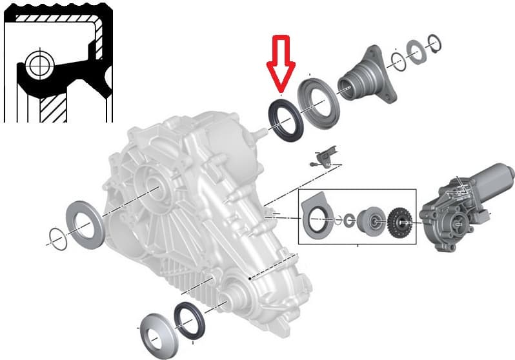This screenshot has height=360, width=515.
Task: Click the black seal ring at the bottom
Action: click(188, 319)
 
